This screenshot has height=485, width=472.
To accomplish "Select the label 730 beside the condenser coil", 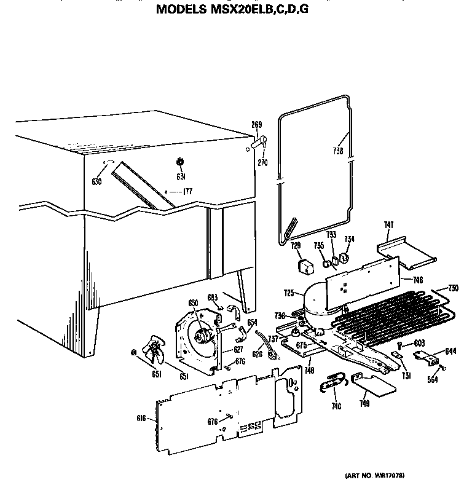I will click(x=454, y=288).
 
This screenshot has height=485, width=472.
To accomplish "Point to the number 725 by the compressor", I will click(x=289, y=293).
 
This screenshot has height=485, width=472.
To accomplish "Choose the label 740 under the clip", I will click(x=336, y=406).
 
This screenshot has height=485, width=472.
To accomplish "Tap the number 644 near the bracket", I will click(x=450, y=352).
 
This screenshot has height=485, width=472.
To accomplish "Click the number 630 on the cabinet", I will click(x=96, y=181).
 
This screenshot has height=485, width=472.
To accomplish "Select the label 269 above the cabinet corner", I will click(x=256, y=125).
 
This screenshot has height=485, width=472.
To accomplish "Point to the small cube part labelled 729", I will click(x=303, y=266).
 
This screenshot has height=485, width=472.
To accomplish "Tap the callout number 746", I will click(x=417, y=280).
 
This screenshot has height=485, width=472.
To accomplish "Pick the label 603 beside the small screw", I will click(x=420, y=342).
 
